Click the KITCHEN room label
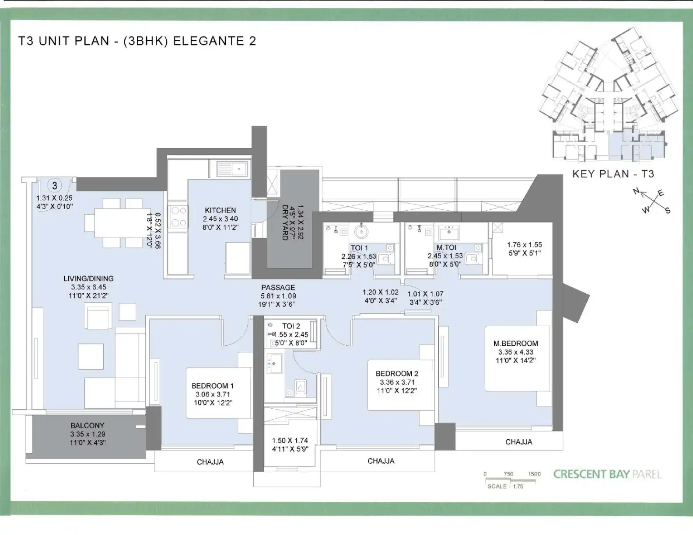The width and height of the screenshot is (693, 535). (x=220, y=210)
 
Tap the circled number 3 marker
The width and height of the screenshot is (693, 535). (x=55, y=185)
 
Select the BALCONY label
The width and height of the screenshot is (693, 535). (x=87, y=425)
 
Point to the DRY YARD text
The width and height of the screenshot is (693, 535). (x=285, y=222)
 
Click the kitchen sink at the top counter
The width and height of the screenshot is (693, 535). (x=232, y=169)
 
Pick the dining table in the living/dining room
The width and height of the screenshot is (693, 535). (x=119, y=223)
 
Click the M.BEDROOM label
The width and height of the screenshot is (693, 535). (x=516, y=344)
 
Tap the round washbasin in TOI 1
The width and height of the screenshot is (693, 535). (x=361, y=231)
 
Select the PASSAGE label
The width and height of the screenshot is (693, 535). (x=278, y=288)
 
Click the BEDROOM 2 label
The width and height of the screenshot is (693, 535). (x=397, y=373)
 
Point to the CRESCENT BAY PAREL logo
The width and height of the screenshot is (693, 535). (x=607, y=474)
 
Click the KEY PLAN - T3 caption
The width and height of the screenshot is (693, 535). (x=613, y=174)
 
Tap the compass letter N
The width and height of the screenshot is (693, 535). (x=636, y=191)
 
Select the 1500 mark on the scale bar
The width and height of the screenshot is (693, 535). (x=535, y=474)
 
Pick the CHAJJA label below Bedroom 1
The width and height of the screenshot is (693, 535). (x=210, y=462)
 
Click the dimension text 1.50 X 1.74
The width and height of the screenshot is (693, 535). (x=290, y=440)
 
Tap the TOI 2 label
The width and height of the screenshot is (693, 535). (x=291, y=326)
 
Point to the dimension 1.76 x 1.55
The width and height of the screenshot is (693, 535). (x=524, y=245)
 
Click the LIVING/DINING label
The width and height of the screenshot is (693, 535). (x=88, y=278)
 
